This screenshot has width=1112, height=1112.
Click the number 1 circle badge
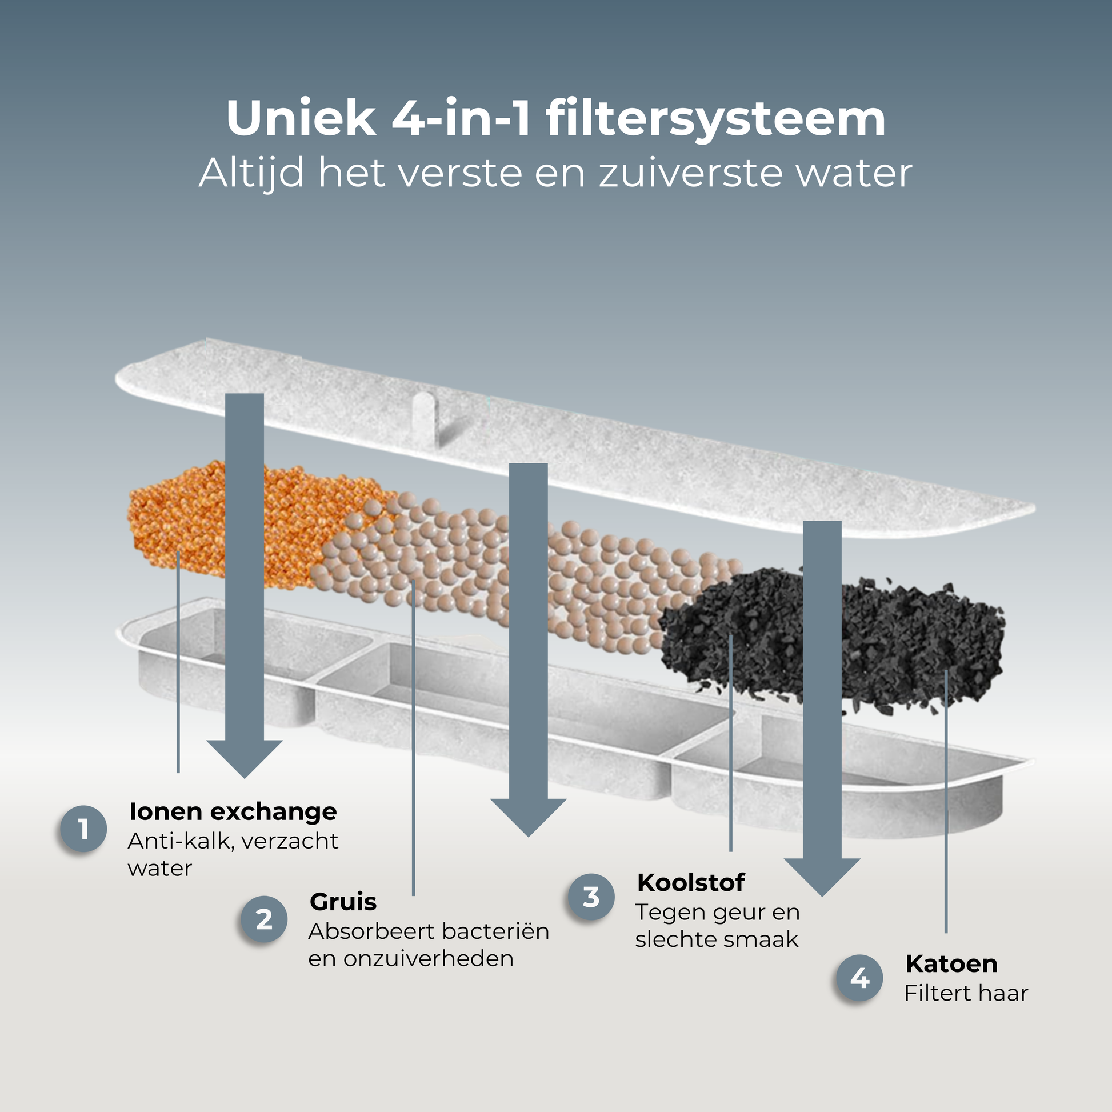tap(83, 829)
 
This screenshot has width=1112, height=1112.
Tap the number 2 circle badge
tap(264, 919)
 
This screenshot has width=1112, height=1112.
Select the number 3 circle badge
tap(591, 897)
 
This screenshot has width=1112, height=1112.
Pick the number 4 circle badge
tap(859, 978)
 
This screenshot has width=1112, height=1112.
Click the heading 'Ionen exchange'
tap(233, 811)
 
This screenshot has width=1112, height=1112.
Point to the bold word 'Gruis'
tap(343, 902)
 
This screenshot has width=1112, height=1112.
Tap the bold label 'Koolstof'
tap(691, 882)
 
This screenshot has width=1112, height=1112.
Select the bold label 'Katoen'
tap(951, 963)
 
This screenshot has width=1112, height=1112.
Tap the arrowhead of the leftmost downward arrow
tap(245, 759)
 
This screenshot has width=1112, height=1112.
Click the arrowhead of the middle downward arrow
tap(529, 817)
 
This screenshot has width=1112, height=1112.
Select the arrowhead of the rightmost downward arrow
tap(822, 877)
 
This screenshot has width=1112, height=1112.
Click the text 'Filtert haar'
tap(966, 993)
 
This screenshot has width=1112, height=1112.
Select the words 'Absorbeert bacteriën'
tap(429, 931)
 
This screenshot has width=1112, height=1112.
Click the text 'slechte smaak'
tap(717, 939)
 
